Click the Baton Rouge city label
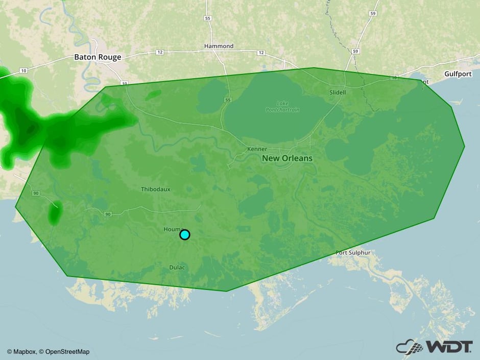[98, 57]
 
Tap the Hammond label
[219, 46]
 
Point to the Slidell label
[338, 92]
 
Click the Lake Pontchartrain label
[282, 106]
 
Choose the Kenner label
[257, 149]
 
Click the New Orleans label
[287, 158]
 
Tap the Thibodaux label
[156, 189]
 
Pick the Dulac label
[178, 268]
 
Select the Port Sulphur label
[352, 253]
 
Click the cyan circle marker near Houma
[185, 234]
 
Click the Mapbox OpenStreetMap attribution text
[48, 351]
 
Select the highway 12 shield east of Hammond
[261, 53]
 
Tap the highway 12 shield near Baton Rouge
[159, 52]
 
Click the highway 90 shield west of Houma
[107, 214]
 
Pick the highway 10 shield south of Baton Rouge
[124, 83]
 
